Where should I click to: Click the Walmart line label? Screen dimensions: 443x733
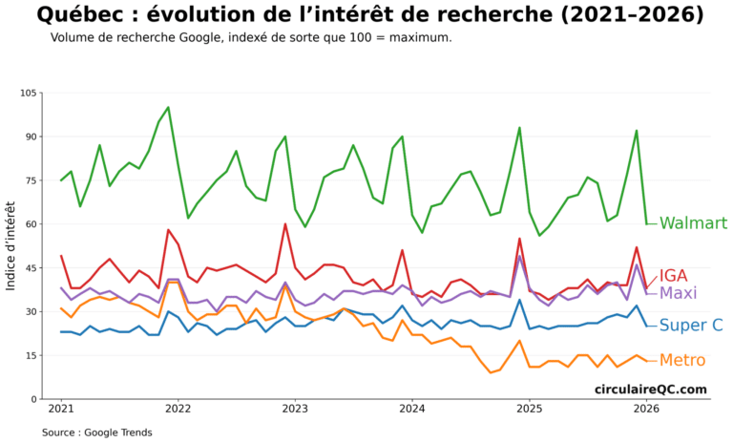(693, 223)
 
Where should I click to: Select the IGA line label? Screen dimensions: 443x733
(674, 276)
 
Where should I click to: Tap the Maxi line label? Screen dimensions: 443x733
(678, 293)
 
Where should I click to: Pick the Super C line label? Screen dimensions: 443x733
(690, 326)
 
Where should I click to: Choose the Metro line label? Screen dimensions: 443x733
(682, 360)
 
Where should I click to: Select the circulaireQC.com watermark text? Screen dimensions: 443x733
(651, 389)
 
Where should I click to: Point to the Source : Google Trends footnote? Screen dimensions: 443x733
(96, 432)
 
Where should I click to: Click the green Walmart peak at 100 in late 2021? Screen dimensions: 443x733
(168, 107)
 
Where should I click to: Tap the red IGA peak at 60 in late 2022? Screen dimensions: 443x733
(285, 224)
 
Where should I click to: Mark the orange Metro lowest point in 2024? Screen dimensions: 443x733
(491, 372)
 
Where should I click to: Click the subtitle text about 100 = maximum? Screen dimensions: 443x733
(251, 37)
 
